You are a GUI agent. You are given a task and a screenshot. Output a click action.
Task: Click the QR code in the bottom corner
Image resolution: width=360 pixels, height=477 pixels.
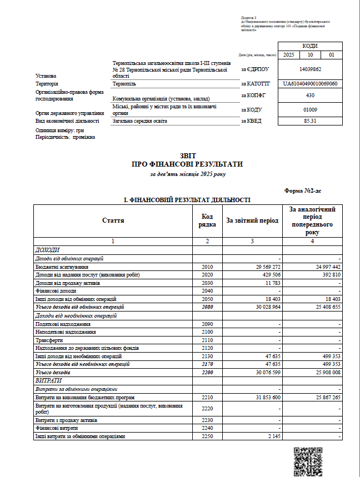[x=307, y=460]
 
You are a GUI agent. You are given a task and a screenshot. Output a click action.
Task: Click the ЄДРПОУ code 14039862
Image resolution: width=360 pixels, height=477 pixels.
[x=310, y=69]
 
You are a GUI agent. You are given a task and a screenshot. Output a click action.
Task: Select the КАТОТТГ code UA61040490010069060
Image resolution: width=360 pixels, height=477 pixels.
[x=310, y=83]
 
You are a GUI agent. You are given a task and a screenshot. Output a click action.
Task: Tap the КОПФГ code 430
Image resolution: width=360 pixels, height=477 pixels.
[x=310, y=96]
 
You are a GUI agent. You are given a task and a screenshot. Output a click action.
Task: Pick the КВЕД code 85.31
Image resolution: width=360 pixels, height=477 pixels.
[x=310, y=120]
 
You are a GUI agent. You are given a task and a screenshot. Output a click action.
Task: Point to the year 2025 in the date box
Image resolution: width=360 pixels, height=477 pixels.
[x=288, y=55]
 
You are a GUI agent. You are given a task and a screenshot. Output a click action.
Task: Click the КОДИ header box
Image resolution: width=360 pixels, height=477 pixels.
[x=310, y=46]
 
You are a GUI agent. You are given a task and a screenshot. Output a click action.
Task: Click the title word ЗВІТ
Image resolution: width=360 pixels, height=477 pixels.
[x=188, y=156]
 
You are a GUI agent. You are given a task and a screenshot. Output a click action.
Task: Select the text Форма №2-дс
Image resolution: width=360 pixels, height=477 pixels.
[x=303, y=190]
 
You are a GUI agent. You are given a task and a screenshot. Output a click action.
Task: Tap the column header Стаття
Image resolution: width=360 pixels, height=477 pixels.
[x=113, y=220]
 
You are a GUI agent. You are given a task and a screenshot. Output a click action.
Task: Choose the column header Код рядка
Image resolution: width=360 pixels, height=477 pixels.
[x=207, y=220]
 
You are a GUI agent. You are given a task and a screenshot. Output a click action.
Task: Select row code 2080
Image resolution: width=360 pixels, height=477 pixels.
[x=207, y=307]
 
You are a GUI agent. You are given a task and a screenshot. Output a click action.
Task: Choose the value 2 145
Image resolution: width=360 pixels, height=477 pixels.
[x=271, y=436]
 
